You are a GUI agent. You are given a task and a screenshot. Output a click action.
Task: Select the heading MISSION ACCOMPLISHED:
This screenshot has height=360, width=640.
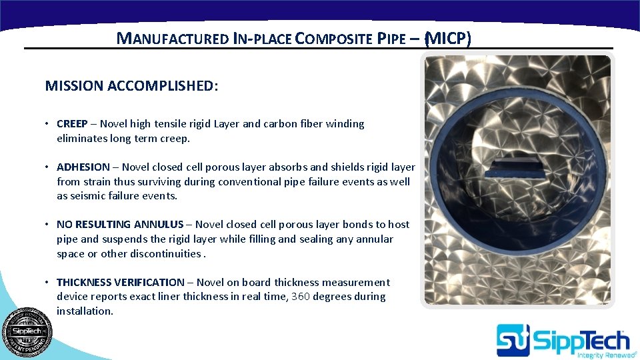click(131, 86)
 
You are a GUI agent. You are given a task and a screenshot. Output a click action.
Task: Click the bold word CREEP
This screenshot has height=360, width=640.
click(72, 124)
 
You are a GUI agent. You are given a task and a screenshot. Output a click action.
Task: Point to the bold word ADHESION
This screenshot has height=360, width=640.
click(83, 167)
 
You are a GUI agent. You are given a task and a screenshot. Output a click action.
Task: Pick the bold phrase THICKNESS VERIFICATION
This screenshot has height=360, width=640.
click(120, 283)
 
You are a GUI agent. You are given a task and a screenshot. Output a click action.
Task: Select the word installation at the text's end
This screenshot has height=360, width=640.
click(84, 311)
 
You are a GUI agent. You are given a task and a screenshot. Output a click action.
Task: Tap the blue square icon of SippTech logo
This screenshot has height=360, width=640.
click(513, 340)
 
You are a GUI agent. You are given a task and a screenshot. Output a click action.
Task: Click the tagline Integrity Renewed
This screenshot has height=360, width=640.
click(602, 355)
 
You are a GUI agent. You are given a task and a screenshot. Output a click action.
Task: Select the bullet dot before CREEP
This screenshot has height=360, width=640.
click(48, 124)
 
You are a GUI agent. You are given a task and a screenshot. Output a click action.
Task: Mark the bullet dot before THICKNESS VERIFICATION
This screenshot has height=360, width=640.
click(48, 283)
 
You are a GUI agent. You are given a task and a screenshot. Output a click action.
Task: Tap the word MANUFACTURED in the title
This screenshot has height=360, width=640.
click(172, 39)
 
